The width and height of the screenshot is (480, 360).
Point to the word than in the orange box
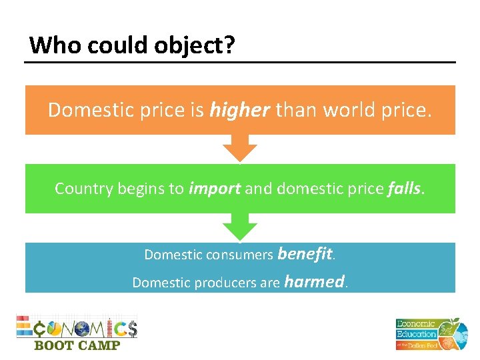[x=296, y=109]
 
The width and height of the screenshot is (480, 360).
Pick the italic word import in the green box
[x=215, y=189]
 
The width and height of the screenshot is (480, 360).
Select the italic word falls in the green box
[x=404, y=189]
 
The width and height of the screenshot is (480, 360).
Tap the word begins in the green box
[x=139, y=189]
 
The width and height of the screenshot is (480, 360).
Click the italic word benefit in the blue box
[x=305, y=254]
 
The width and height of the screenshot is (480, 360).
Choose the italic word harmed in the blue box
[x=314, y=282]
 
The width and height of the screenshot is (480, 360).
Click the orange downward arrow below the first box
[x=239, y=148]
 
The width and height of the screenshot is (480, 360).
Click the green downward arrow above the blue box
[x=239, y=227]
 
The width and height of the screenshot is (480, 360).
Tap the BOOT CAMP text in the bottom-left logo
[x=77, y=345]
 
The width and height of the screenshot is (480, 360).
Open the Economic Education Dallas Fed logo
[x=427, y=333]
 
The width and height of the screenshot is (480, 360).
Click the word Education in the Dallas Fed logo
[x=417, y=333]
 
